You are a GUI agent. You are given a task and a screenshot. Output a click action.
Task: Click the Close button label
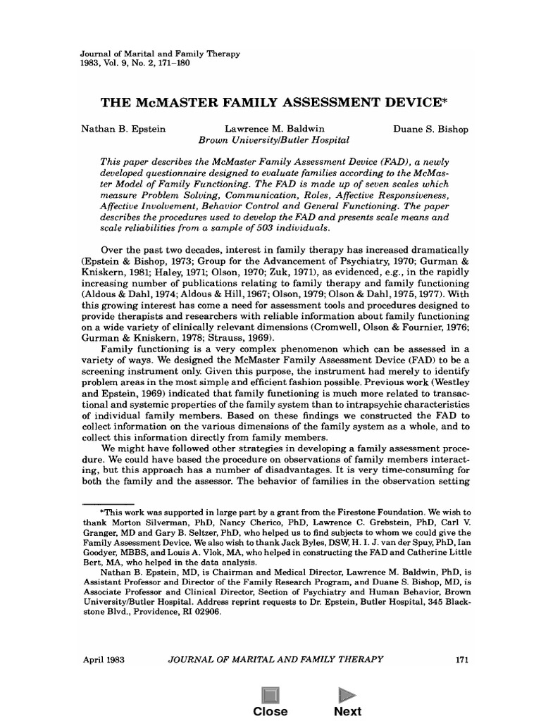coord(270,711)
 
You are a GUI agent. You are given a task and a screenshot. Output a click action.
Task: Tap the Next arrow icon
coord(347,695)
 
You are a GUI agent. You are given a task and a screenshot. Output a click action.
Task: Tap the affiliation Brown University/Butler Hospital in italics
coord(265,141)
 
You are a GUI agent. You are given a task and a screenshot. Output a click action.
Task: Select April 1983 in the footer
coord(104,659)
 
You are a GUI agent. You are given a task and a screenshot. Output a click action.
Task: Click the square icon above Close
coord(270,695)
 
